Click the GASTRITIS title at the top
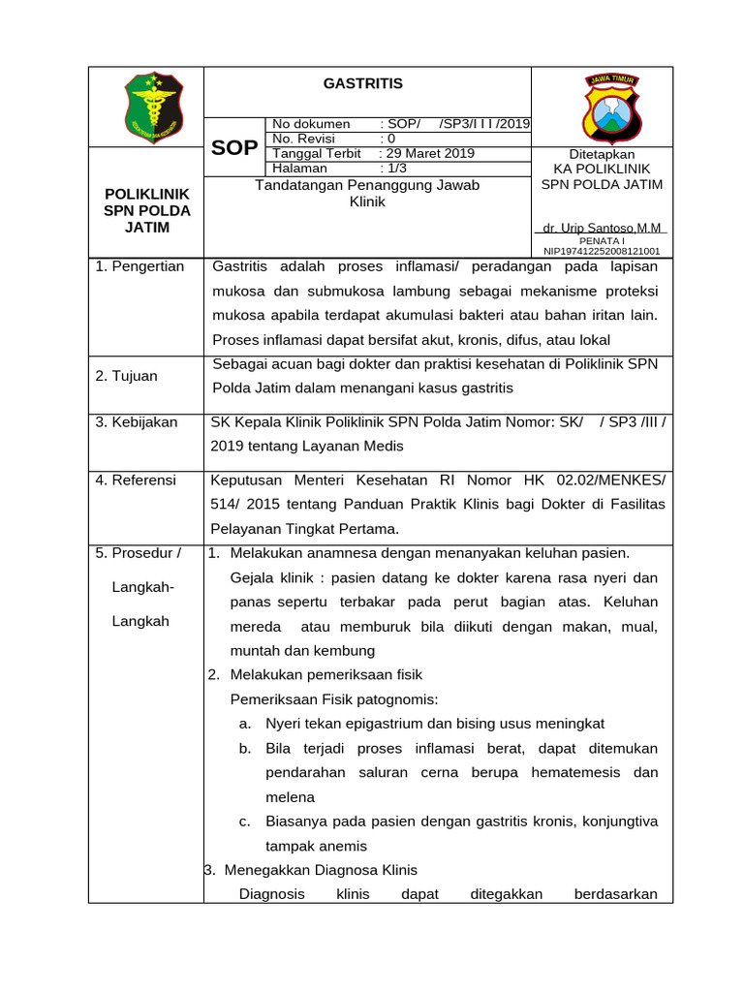[362, 84]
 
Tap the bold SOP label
[234, 147]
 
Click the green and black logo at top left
[153, 107]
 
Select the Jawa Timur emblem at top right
[610, 107]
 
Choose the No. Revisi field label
[303, 139]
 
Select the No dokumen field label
[311, 124]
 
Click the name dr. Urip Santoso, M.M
[602, 228]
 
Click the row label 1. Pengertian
[140, 266]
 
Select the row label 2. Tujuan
[127, 376]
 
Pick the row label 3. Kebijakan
[137, 422]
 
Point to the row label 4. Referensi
[137, 479]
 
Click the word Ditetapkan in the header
[602, 154]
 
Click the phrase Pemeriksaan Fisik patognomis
[334, 698]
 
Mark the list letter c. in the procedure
[245, 821]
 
